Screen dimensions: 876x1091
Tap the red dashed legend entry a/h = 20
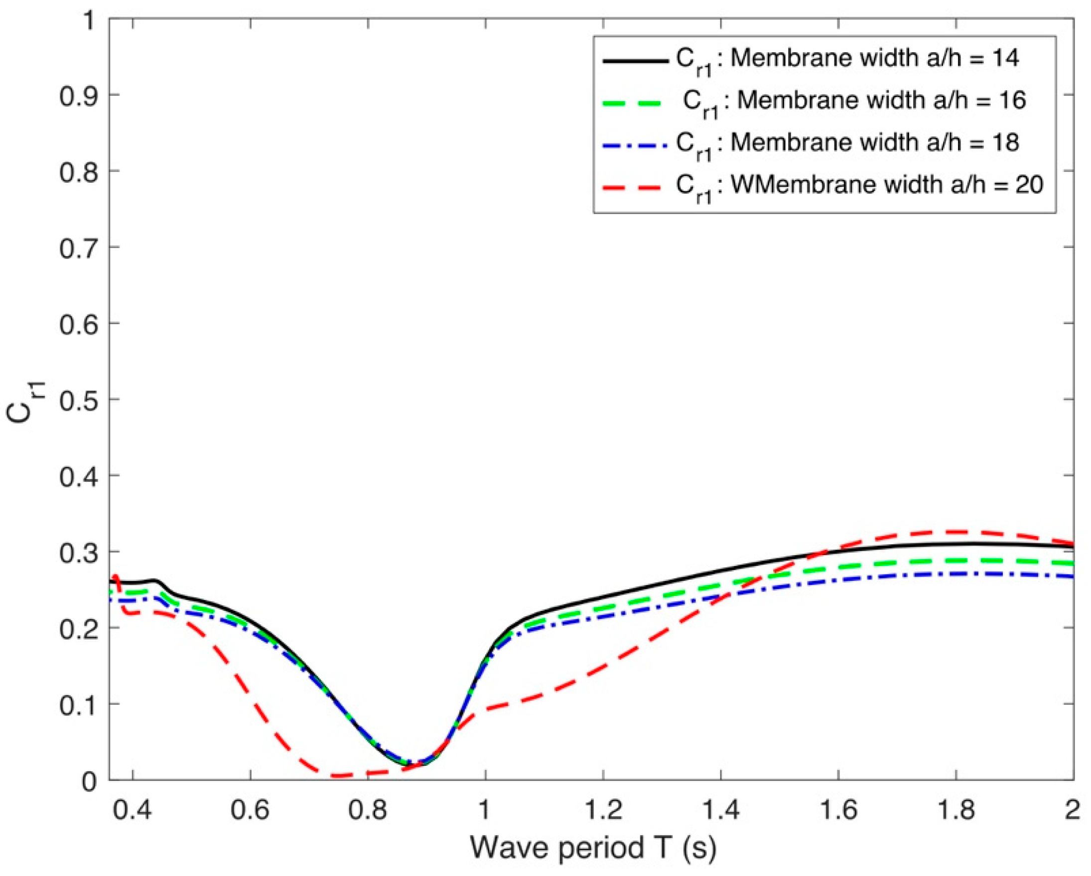[x=860, y=186]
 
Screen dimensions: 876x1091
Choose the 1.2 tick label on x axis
[x=603, y=810]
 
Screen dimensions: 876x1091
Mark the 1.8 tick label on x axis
[x=955, y=810]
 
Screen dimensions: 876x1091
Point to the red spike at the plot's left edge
[x=116, y=577]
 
